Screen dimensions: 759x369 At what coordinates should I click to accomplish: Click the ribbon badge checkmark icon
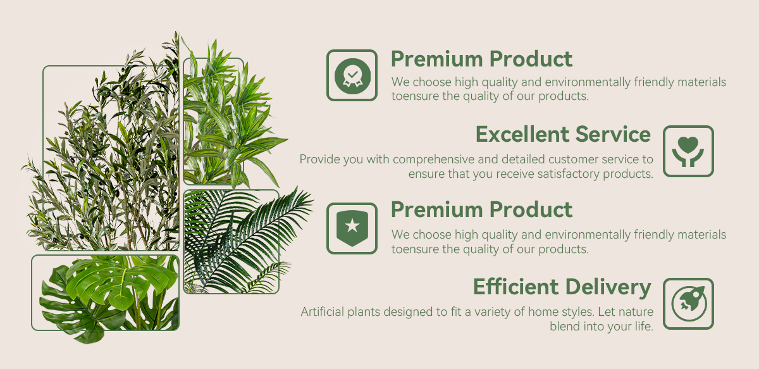(352, 75)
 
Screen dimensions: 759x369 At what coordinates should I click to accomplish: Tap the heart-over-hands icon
(688, 151)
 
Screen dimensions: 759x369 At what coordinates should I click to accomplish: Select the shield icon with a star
(352, 228)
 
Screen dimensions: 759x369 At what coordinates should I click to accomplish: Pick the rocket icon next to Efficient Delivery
(688, 304)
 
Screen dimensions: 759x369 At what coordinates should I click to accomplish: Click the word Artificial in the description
(322, 311)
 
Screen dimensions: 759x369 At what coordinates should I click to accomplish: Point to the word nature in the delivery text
(635, 312)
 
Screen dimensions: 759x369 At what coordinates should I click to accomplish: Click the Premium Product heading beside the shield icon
(481, 210)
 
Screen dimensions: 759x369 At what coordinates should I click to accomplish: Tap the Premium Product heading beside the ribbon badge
(481, 59)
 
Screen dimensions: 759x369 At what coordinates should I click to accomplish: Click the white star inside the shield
(352, 225)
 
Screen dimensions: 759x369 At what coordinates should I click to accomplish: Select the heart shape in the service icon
(688, 144)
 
